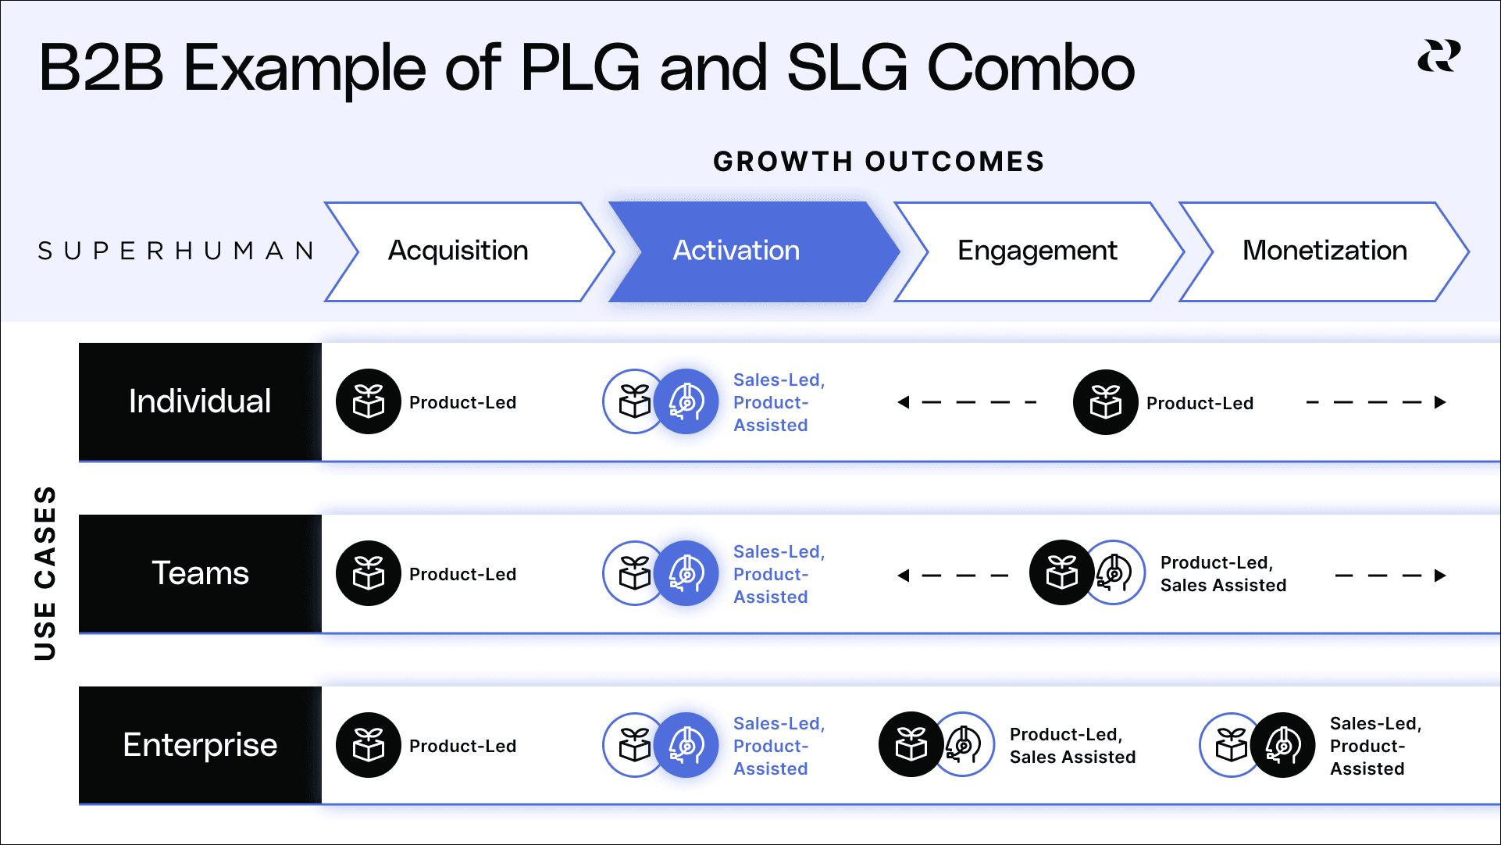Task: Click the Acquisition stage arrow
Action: click(459, 251)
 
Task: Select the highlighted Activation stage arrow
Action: click(737, 251)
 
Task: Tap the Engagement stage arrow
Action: click(1037, 251)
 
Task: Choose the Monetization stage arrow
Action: click(1325, 251)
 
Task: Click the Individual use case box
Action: click(200, 401)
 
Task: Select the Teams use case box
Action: click(200, 573)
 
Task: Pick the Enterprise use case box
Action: click(200, 745)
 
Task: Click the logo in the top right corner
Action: click(1439, 56)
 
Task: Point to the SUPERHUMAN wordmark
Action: click(176, 251)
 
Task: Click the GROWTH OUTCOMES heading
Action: click(879, 162)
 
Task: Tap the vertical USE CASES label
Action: click(45, 573)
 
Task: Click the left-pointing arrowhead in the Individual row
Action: click(904, 402)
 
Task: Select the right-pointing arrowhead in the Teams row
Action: click(1440, 576)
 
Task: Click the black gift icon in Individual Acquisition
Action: click(369, 401)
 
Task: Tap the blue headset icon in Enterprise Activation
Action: click(686, 745)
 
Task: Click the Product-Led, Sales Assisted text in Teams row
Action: click(1223, 574)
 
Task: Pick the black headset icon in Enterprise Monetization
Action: click(1283, 745)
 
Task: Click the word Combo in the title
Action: click(1031, 68)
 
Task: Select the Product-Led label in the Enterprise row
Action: click(462, 746)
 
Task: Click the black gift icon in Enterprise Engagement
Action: click(911, 744)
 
